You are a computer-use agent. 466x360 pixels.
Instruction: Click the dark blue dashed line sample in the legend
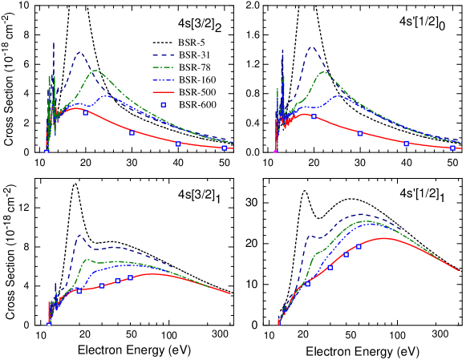(164, 55)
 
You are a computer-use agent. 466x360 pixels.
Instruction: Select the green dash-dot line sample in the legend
(164, 67)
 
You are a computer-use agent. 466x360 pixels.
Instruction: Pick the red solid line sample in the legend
(164, 92)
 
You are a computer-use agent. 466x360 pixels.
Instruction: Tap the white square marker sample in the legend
(164, 104)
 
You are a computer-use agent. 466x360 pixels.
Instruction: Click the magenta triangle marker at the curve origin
(275, 151)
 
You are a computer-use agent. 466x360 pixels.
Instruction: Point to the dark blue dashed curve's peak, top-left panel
(79, 53)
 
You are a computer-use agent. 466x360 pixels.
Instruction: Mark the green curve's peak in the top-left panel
(95, 71)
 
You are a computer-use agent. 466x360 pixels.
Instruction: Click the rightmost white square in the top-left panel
(225, 148)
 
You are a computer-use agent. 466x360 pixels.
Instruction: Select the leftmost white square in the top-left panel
(47, 152)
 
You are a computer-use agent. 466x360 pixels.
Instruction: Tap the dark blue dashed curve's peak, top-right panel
(311, 47)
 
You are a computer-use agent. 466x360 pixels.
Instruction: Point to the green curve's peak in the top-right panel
(324, 71)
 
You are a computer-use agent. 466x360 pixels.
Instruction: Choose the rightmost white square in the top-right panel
(452, 148)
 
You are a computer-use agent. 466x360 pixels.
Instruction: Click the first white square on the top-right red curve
(314, 116)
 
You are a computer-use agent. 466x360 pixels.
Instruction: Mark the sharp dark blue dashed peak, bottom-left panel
(79, 235)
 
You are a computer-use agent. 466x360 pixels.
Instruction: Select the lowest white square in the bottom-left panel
(49, 324)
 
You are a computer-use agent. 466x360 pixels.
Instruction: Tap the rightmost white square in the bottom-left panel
(130, 277)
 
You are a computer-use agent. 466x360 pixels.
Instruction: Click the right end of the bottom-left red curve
(230, 293)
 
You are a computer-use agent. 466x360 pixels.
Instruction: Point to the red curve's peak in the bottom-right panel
(386, 237)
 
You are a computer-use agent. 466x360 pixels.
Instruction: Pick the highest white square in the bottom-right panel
(359, 246)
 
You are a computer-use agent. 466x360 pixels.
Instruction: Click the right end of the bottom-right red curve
(458, 270)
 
